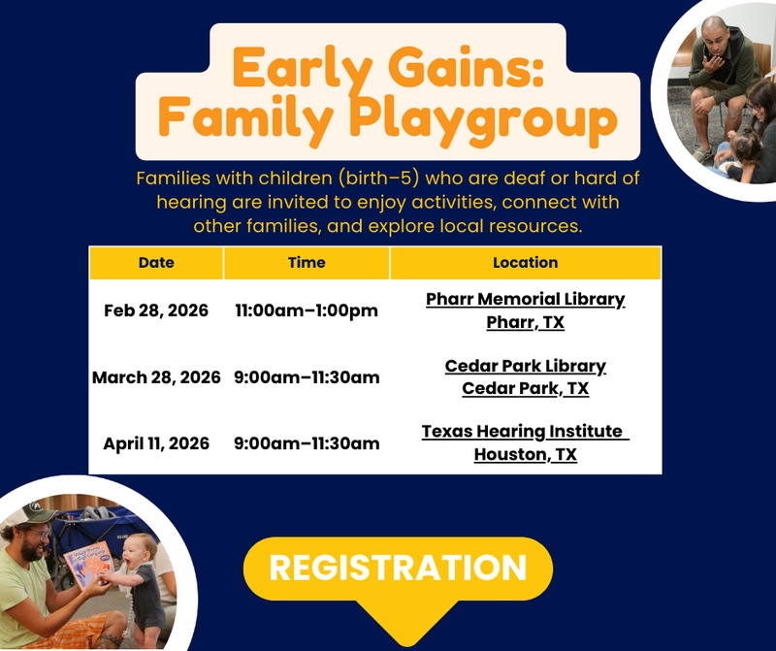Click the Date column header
[156, 262]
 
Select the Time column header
[307, 262]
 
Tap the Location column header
[525, 262]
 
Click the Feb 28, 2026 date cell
[156, 310]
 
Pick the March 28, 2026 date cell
[156, 376]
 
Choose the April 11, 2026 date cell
[156, 443]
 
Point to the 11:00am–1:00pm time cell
[307, 310]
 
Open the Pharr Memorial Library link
[525, 299]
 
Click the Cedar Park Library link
[525, 366]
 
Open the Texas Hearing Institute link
[525, 432]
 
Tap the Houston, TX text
[525, 454]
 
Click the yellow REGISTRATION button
[397, 569]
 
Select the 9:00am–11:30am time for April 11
[307, 443]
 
